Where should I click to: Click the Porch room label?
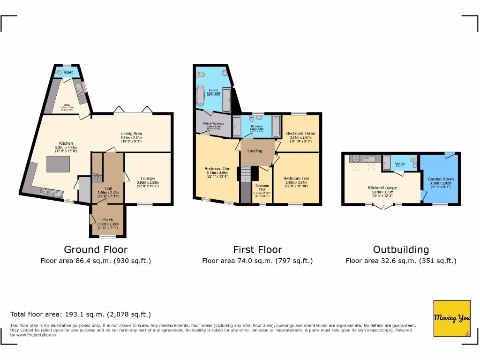point(108,220)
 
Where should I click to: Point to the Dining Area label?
point(131,133)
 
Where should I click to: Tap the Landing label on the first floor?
point(255,151)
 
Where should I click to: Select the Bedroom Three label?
point(300,134)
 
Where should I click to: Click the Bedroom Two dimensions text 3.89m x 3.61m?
point(296,183)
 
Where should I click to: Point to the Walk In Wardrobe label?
point(213,124)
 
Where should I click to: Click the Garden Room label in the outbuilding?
point(441,179)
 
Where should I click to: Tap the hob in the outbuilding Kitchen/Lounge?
point(354,158)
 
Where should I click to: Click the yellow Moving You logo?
point(451,318)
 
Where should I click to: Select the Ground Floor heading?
point(96,249)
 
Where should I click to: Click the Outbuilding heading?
point(401,249)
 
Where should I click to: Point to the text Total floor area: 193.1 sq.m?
point(81,315)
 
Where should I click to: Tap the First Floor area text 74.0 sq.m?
point(257,261)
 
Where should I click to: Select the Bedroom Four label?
point(262,187)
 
